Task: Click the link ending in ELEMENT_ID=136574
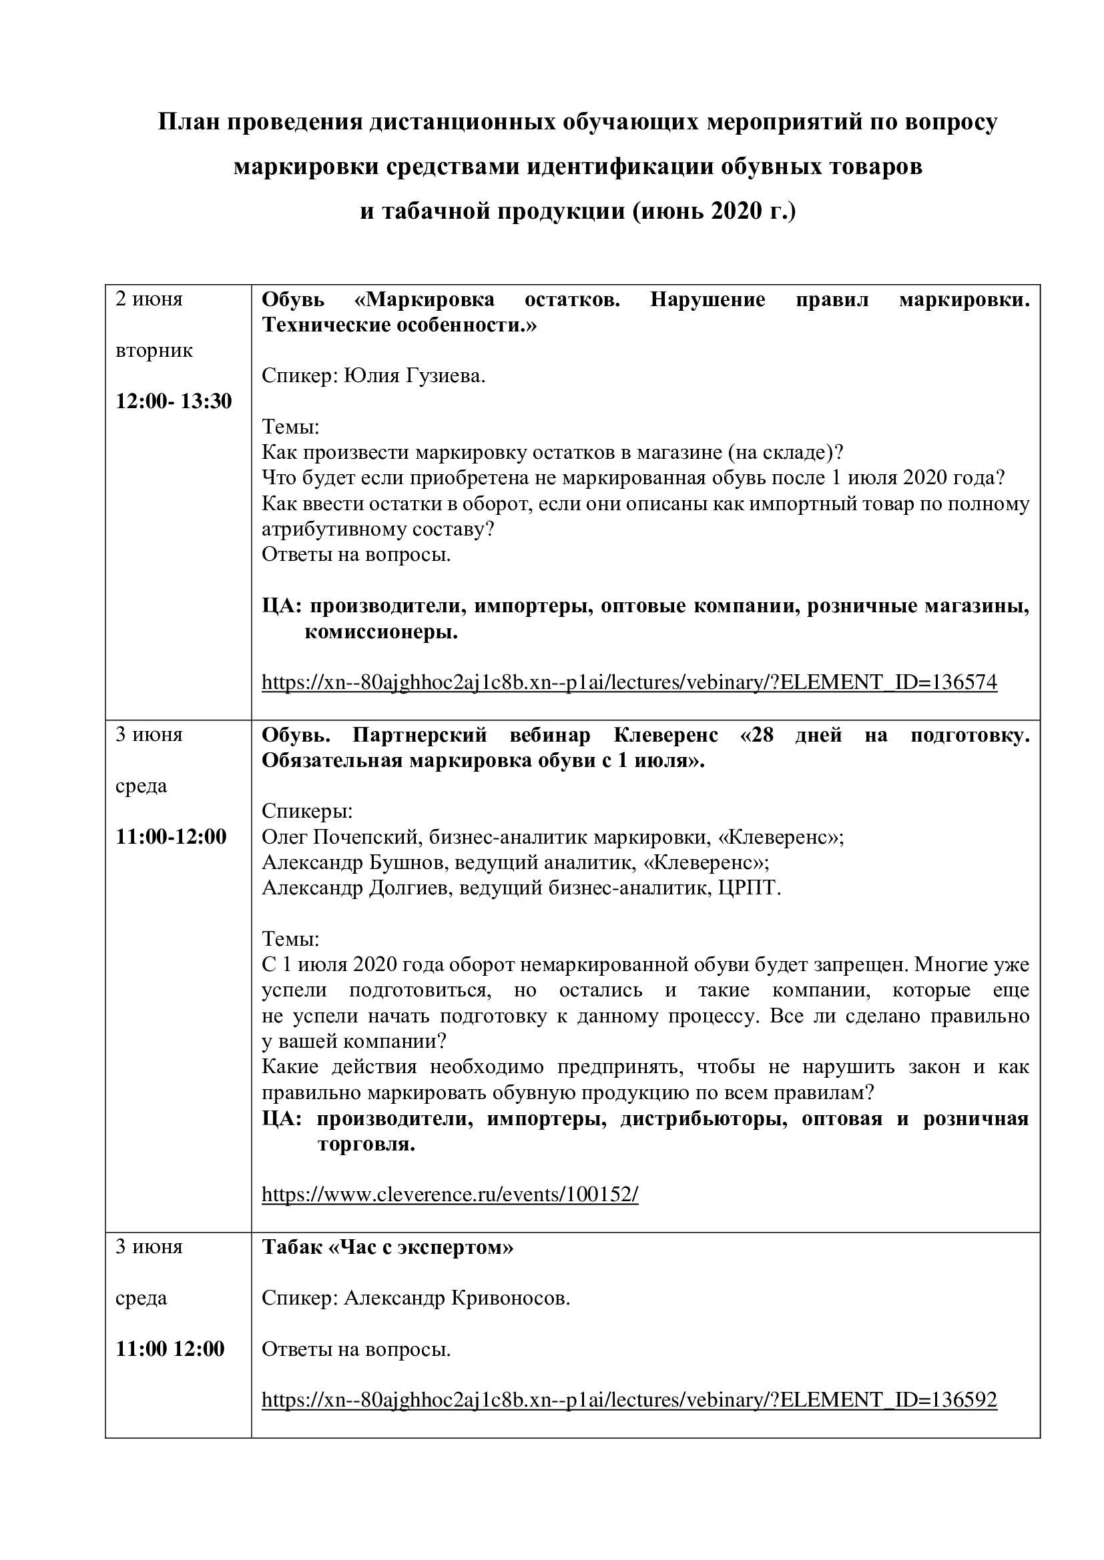(x=629, y=682)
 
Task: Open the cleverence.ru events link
(x=449, y=1195)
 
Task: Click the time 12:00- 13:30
(x=174, y=402)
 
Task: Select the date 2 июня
(x=149, y=299)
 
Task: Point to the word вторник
(x=154, y=351)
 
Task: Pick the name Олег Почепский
(x=339, y=837)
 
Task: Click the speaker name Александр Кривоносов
(x=456, y=1299)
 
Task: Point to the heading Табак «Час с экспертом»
(x=388, y=1247)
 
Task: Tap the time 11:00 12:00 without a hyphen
(x=170, y=1349)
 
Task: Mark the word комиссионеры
(x=380, y=632)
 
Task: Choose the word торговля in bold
(x=366, y=1145)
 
